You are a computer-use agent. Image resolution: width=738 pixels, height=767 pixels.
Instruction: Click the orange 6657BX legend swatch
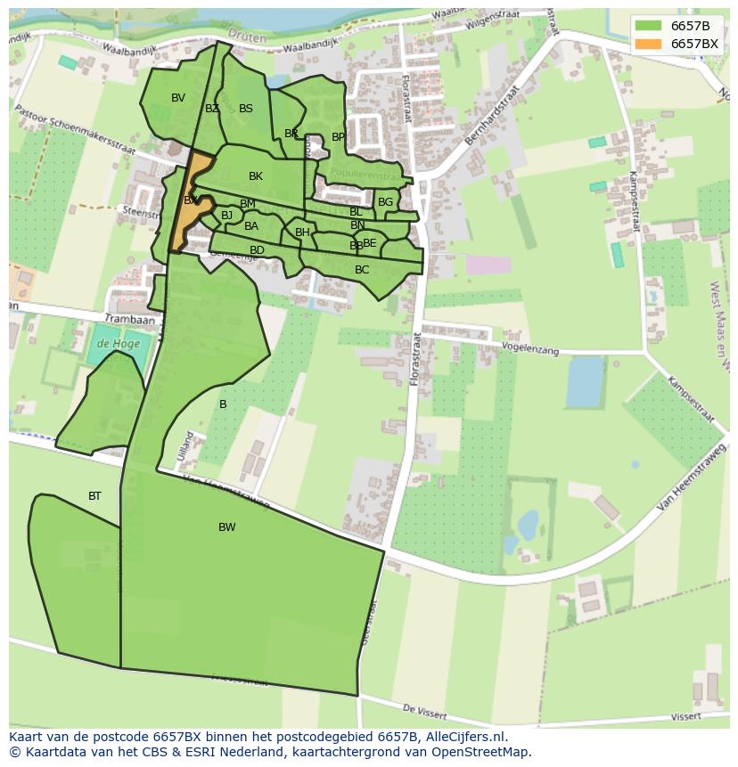click(x=649, y=44)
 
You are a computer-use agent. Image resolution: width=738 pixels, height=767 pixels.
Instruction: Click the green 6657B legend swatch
click(x=649, y=26)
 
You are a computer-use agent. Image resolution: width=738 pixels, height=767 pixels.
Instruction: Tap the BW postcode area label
click(x=227, y=527)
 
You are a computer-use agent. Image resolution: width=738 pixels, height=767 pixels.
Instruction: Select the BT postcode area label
click(x=94, y=496)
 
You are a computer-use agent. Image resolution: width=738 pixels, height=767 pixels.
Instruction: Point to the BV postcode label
click(x=178, y=98)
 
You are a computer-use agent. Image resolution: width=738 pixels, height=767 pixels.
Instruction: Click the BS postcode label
click(x=246, y=109)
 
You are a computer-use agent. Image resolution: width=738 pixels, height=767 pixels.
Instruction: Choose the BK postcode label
click(x=256, y=176)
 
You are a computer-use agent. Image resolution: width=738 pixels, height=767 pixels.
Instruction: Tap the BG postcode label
click(x=385, y=202)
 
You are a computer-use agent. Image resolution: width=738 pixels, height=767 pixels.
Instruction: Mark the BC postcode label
click(x=362, y=270)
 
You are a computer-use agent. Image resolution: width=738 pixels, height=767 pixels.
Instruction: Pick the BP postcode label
click(x=338, y=137)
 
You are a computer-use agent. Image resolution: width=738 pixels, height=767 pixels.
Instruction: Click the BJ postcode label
click(x=226, y=216)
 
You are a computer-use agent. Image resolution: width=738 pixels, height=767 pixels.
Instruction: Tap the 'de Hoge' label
click(x=115, y=343)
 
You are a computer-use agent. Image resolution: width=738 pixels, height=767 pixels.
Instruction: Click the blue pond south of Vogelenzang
click(x=584, y=380)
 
